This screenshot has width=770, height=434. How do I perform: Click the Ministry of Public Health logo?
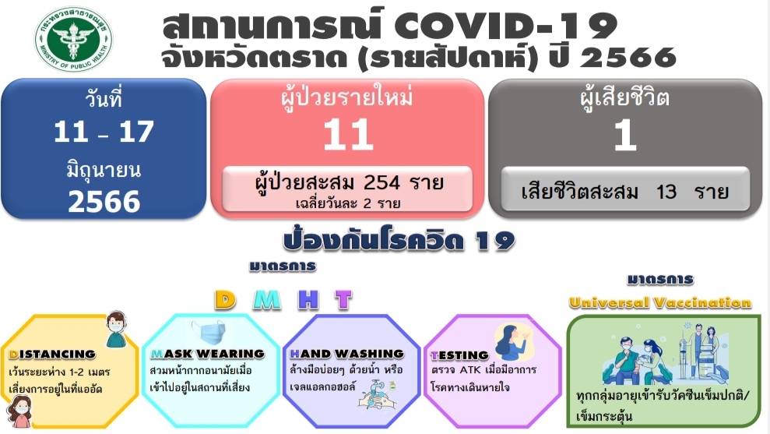pyautogui.click(x=74, y=39)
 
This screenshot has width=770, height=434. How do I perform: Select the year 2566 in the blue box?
pyautogui.click(x=104, y=202)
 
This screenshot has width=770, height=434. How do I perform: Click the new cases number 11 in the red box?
pyautogui.click(x=348, y=134)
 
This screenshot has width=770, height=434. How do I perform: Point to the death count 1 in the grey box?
pyautogui.click(x=625, y=134)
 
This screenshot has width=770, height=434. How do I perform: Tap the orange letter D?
pyautogui.click(x=225, y=299)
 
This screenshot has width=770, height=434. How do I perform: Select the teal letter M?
pyautogui.click(x=267, y=299)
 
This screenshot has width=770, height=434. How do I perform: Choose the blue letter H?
pyautogui.click(x=308, y=299)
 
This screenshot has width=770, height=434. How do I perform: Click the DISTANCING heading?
pyautogui.click(x=52, y=354)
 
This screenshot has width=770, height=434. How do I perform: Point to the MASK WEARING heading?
pyautogui.click(x=207, y=354)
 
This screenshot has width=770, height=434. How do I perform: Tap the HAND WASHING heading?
pyautogui.click(x=346, y=354)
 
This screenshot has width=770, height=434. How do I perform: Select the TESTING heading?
pyautogui.click(x=459, y=355)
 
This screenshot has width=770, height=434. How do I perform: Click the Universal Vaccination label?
pyautogui.click(x=660, y=302)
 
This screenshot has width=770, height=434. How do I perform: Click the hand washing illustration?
pyautogui.click(x=377, y=395)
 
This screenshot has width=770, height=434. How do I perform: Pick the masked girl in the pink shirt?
pyautogui.click(x=19, y=411)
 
